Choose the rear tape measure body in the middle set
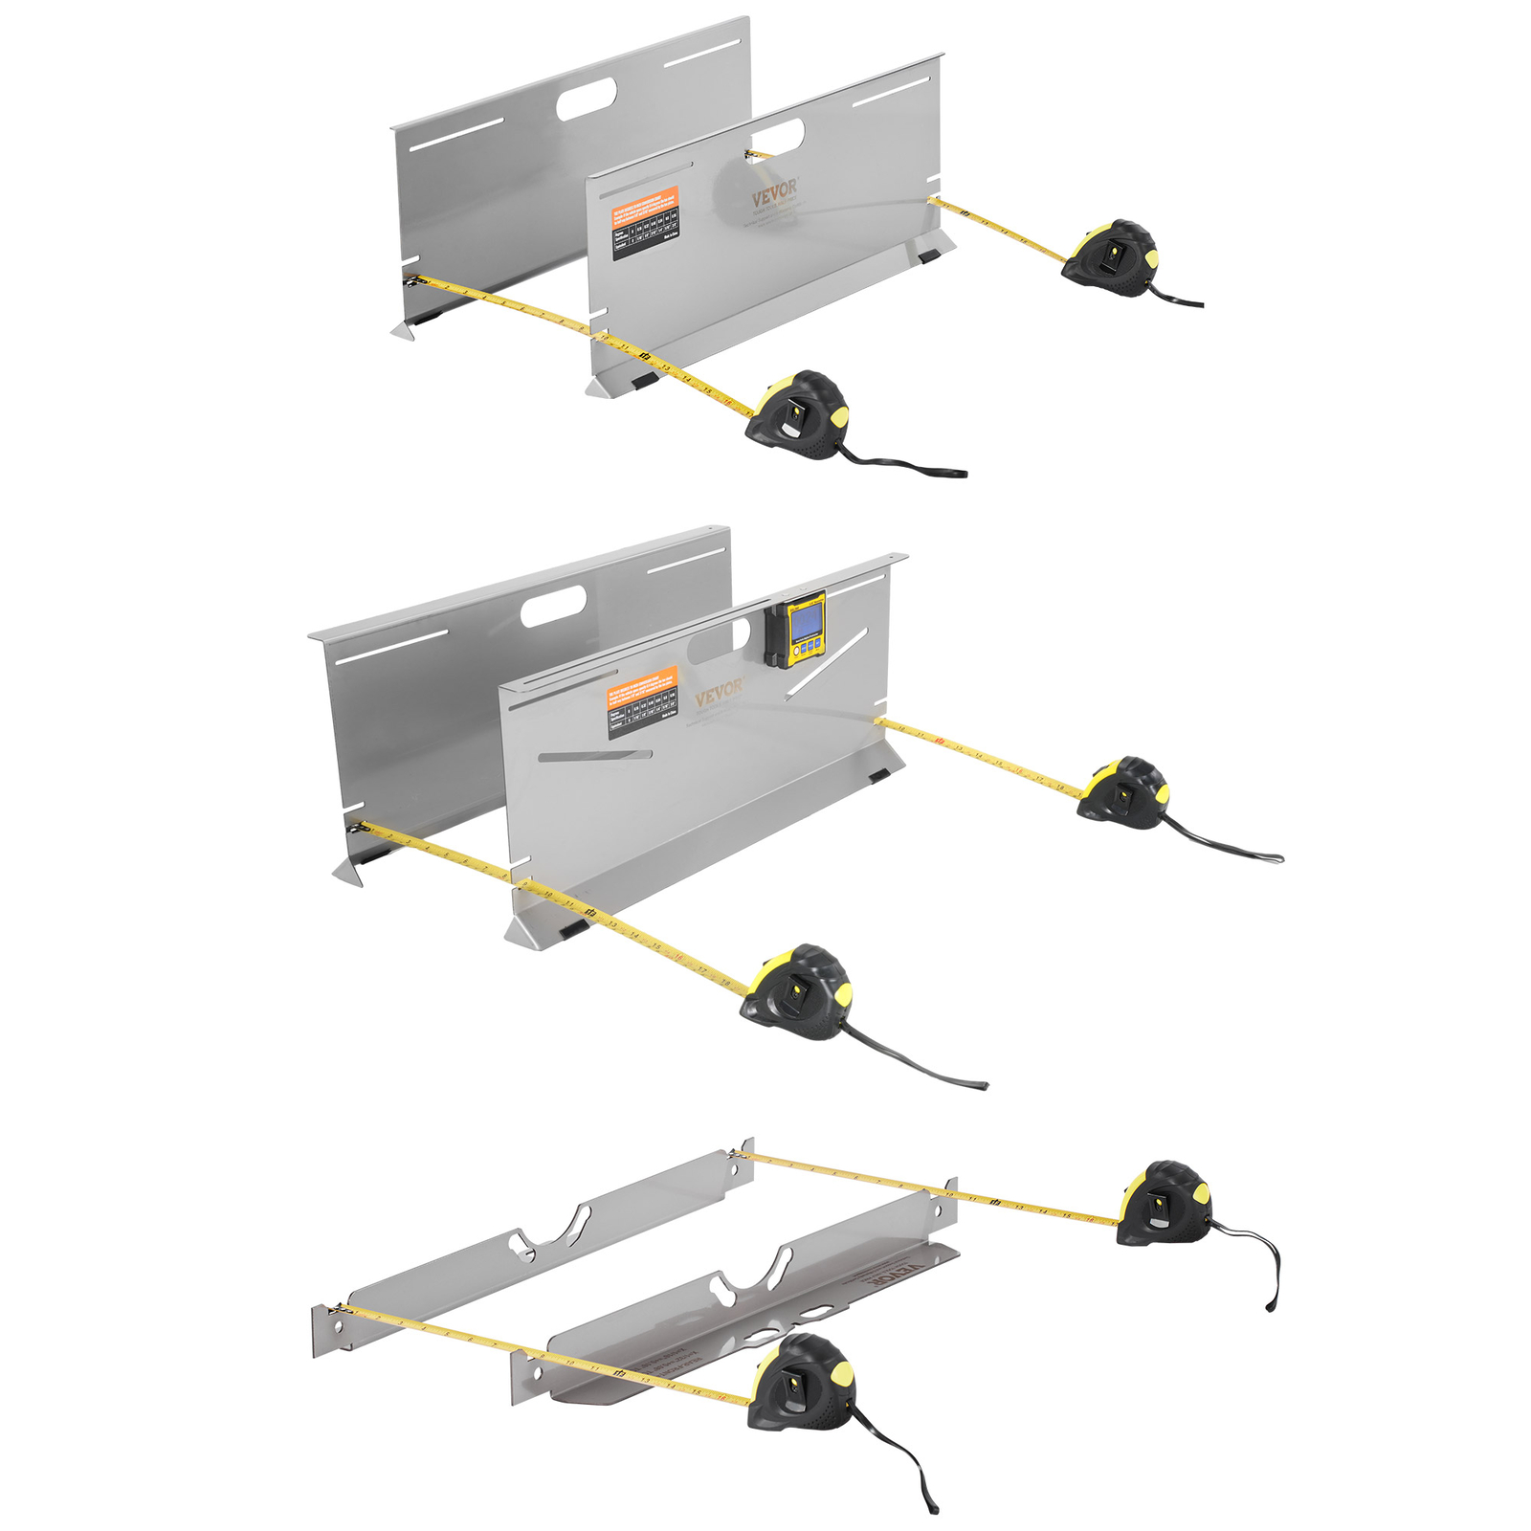point(1124,791)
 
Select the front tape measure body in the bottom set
point(801,1383)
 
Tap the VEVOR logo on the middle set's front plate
point(718,691)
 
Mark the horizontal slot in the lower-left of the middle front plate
point(593,756)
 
